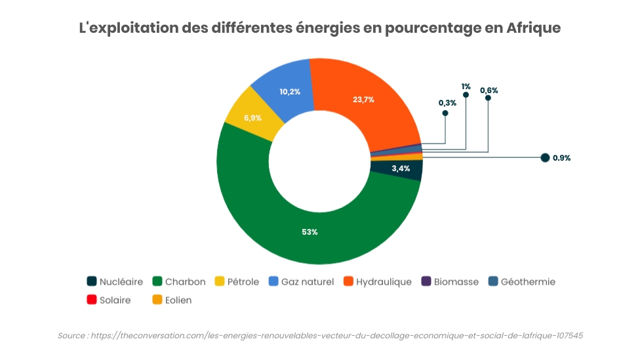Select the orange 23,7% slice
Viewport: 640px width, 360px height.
363,100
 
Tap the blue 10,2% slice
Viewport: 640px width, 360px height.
289,92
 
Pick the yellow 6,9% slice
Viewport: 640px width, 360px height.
252,117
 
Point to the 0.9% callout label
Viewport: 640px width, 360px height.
562,157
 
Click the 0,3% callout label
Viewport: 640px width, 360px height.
447,103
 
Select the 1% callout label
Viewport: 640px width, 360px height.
466,86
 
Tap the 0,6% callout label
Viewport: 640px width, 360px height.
489,90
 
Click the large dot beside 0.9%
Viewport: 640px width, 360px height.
545,157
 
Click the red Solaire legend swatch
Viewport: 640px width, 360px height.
92,300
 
